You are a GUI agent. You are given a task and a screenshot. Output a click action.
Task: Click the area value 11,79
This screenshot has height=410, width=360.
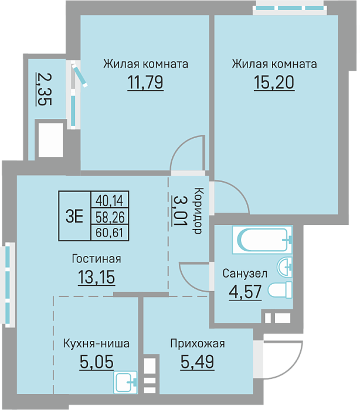(x=145, y=83)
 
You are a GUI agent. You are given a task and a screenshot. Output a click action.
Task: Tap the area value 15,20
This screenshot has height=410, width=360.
(x=274, y=83)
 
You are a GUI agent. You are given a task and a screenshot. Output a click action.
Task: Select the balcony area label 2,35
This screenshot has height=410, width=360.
(x=44, y=89)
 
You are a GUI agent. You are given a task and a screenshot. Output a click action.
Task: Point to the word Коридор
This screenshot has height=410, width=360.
(x=198, y=210)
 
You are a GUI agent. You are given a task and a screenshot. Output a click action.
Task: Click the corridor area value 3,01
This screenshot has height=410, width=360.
(x=180, y=210)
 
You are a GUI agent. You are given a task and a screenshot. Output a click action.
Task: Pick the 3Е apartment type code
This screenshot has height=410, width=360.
(x=74, y=216)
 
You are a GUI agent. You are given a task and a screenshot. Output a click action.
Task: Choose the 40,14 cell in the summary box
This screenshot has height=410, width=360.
(x=110, y=201)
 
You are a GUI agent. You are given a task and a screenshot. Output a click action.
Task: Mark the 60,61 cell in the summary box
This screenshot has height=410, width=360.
(x=110, y=232)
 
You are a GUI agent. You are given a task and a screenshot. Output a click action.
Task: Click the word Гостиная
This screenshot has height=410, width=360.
(x=97, y=259)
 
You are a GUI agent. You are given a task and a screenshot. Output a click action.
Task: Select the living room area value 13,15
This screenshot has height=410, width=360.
(x=97, y=277)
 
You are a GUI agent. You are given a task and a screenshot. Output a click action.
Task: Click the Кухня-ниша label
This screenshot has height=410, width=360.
(x=96, y=343)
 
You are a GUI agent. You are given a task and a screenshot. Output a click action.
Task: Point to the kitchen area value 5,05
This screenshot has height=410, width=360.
(x=97, y=362)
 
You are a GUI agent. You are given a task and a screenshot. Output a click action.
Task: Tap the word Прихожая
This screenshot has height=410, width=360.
(x=198, y=343)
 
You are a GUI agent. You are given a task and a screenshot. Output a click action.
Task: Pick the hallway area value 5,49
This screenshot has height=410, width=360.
(x=197, y=362)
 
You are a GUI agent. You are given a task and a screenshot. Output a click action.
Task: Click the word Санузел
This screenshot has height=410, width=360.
(x=245, y=274)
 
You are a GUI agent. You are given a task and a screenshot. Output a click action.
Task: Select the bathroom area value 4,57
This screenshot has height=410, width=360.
(x=245, y=292)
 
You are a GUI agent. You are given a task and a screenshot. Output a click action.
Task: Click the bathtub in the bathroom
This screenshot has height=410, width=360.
(x=262, y=240)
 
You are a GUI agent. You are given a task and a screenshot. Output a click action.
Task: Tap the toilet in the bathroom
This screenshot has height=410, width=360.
(x=280, y=290)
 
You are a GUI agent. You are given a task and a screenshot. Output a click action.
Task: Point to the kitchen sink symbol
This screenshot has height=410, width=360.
(x=125, y=382)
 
